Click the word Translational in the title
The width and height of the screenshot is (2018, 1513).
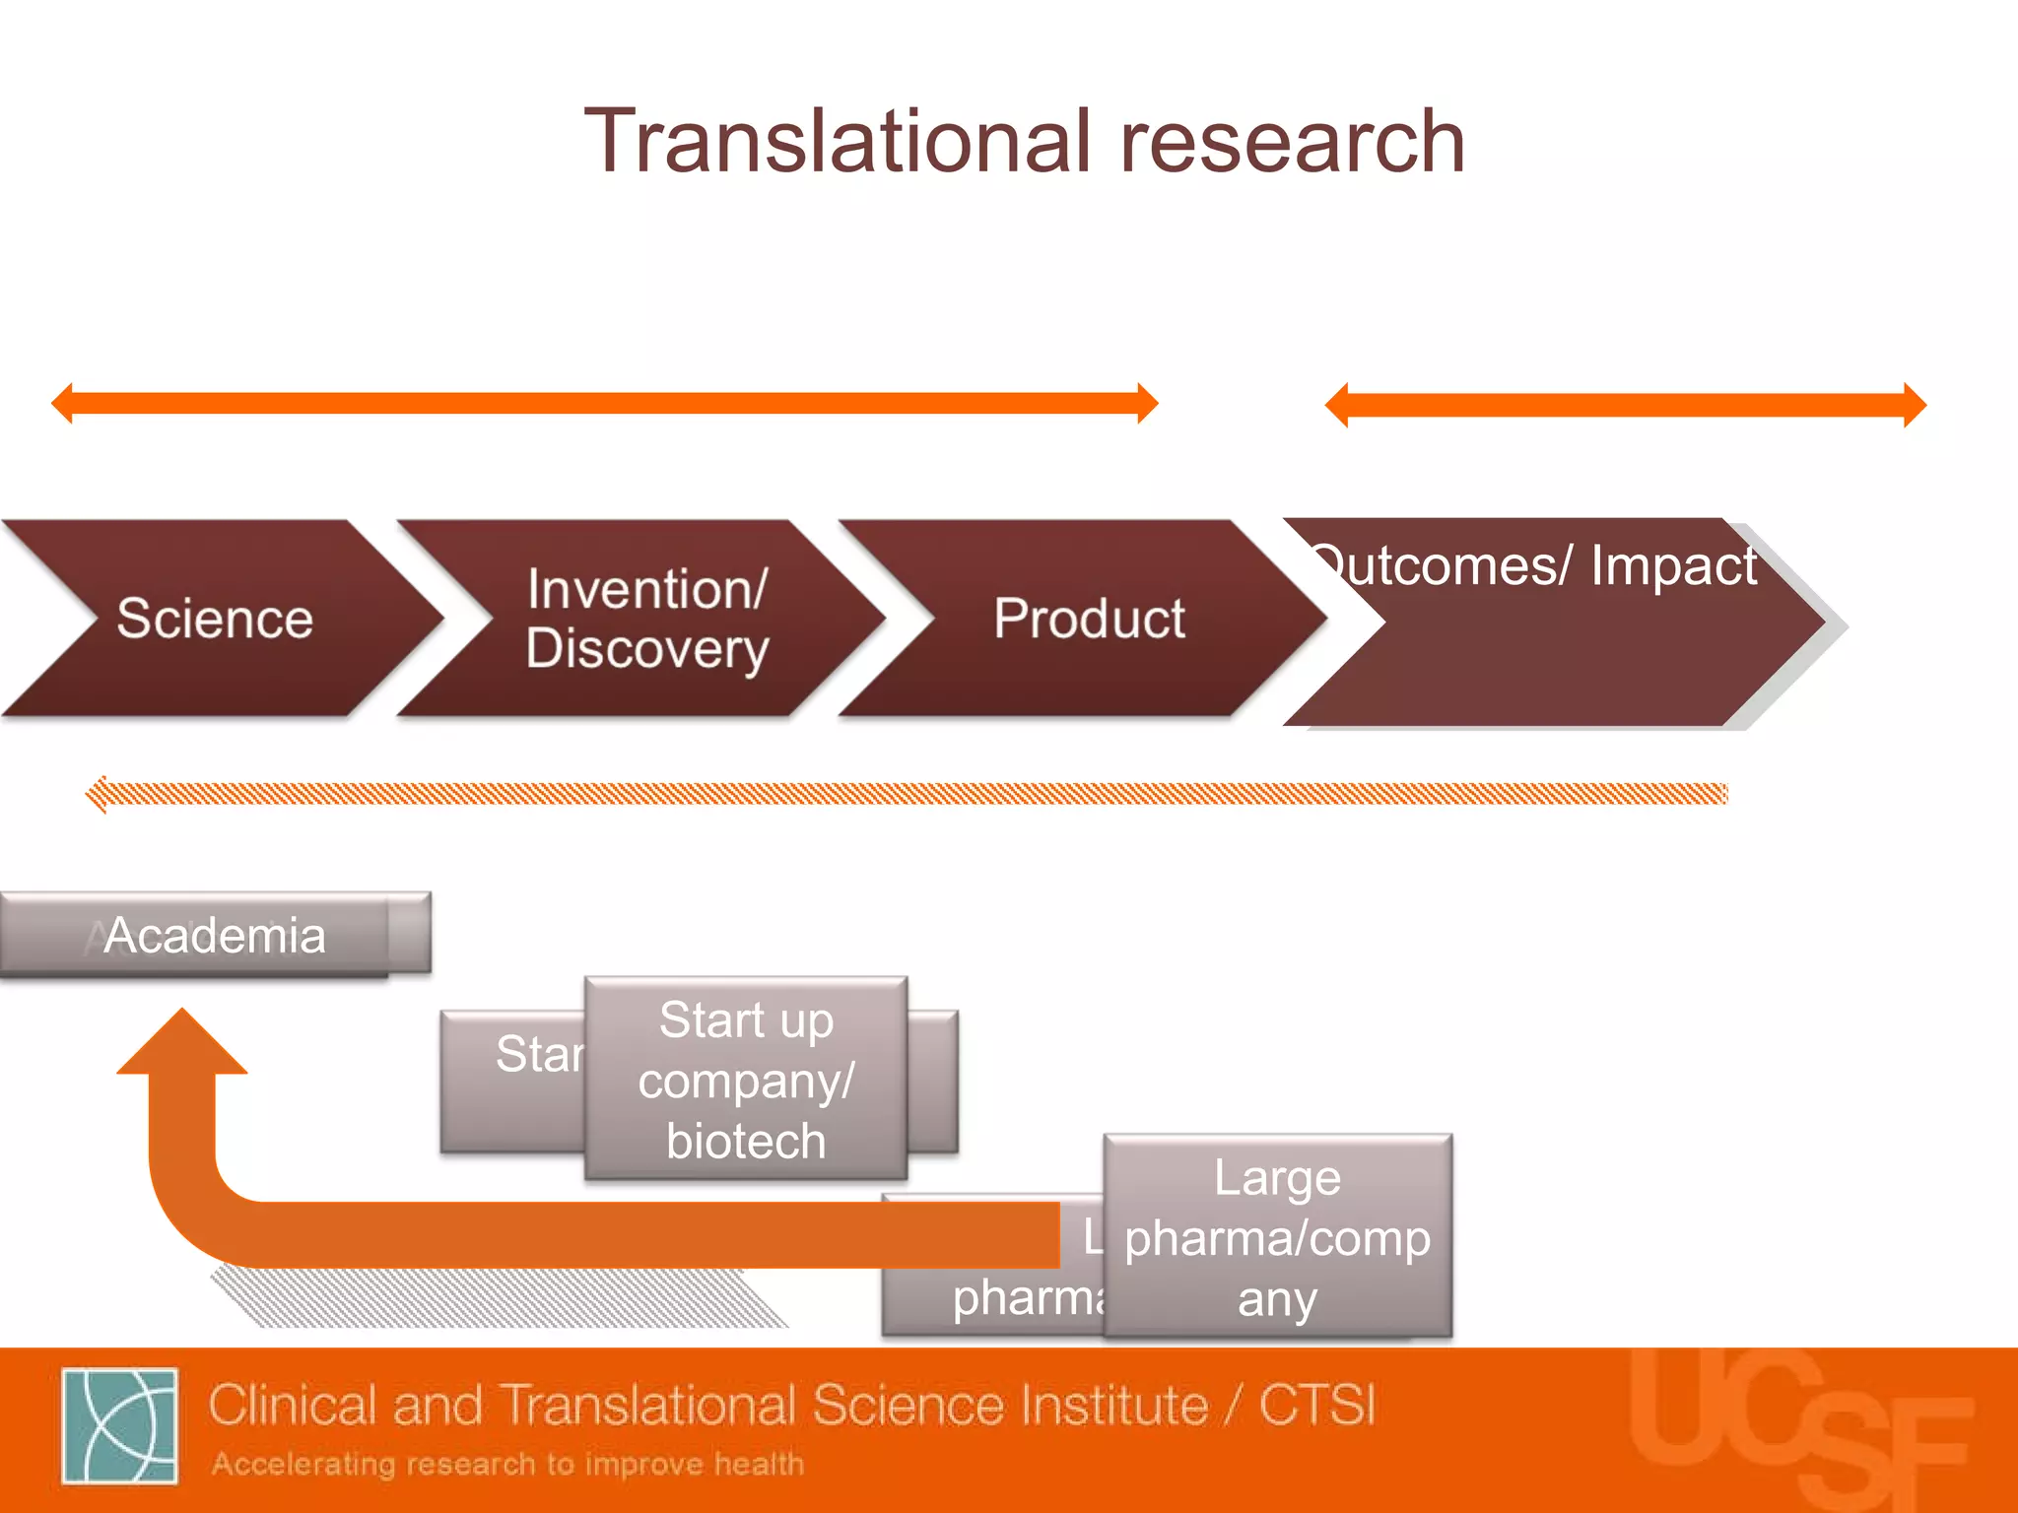click(838, 143)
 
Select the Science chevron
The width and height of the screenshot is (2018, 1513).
click(215, 619)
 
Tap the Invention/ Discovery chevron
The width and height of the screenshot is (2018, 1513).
click(646, 619)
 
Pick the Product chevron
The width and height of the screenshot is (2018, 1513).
click(1089, 619)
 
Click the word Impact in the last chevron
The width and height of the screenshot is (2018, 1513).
click(1673, 566)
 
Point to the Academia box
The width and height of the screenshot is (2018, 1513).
click(215, 934)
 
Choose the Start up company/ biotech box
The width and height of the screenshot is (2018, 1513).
click(746, 1080)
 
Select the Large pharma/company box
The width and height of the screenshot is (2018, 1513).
click(1277, 1237)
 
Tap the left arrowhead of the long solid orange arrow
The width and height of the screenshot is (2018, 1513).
click(62, 403)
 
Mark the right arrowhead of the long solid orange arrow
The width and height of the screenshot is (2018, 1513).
click(1148, 403)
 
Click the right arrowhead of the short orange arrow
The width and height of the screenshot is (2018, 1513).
click(1916, 405)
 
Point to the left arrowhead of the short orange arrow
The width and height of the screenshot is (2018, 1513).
click(1336, 405)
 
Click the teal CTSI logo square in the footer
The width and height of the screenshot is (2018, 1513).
click(119, 1425)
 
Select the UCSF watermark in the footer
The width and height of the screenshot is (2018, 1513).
click(1798, 1428)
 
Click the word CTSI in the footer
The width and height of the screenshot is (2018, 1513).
click(1316, 1405)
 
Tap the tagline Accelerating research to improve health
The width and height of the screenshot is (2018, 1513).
click(507, 1464)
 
